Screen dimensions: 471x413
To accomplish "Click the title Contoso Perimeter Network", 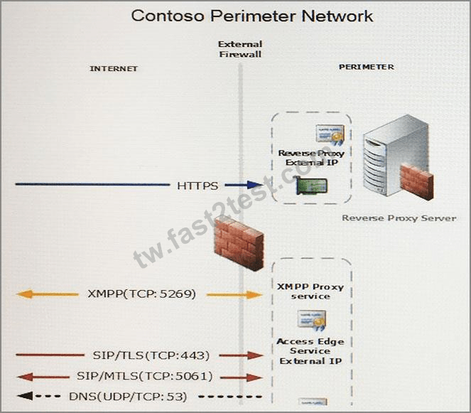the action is (x=252, y=16).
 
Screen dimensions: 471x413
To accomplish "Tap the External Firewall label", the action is (x=240, y=49).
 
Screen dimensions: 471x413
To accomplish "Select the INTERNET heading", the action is (x=114, y=68).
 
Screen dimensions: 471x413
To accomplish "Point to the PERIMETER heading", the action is (x=367, y=67).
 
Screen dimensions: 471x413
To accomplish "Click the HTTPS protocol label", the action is (x=197, y=186).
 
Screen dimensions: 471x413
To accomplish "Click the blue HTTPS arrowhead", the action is (x=255, y=185).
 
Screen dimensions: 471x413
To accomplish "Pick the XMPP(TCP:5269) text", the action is (x=142, y=294).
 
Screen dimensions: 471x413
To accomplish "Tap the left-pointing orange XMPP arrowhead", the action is (x=25, y=294).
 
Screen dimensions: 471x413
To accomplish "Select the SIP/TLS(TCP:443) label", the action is (x=151, y=355).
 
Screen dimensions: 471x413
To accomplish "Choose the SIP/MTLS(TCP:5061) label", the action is (x=144, y=376).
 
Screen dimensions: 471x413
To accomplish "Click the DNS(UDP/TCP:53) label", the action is (x=128, y=397).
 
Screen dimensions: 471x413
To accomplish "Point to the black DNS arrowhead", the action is (x=25, y=396).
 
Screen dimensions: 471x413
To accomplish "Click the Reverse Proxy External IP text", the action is (x=311, y=158).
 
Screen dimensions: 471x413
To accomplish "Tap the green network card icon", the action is (x=311, y=186).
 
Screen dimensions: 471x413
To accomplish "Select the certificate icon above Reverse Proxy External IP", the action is (x=330, y=134).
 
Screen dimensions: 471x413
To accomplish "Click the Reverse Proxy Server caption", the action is (x=399, y=218).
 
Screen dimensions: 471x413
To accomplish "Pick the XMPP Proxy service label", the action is (x=310, y=291).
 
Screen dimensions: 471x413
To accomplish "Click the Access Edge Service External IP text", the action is (x=310, y=351).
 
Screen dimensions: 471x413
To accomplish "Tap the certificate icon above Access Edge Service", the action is (x=312, y=321).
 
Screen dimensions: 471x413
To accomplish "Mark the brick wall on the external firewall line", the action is (x=239, y=244).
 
